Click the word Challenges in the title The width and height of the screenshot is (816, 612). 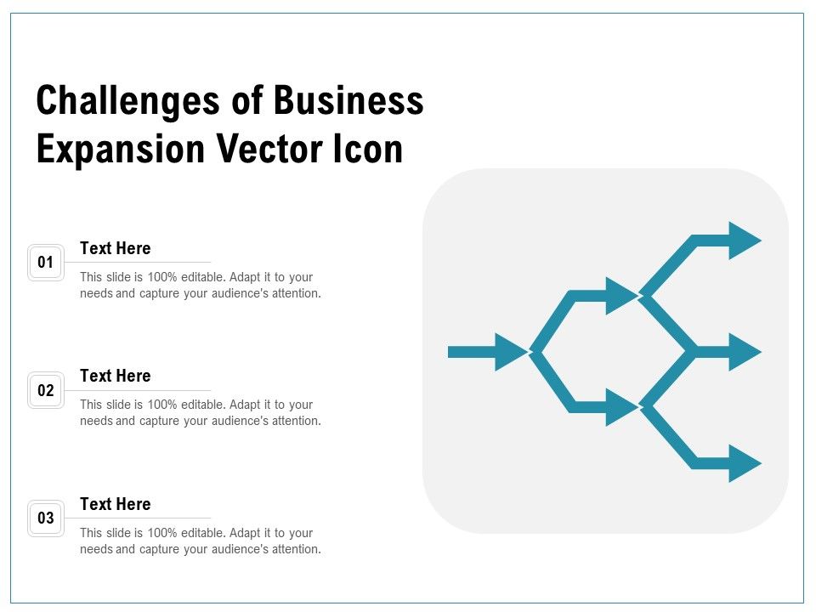coord(128,100)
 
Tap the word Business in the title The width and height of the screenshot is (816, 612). coord(348,100)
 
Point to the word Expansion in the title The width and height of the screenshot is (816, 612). coord(121,150)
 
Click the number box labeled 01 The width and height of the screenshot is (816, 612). coord(46,263)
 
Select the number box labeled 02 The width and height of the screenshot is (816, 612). coord(46,390)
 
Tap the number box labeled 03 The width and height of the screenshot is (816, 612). coord(46,518)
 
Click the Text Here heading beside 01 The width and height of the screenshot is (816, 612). coord(116,248)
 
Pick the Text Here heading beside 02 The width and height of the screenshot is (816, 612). coord(116,376)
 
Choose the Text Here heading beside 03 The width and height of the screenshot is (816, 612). coord(116,504)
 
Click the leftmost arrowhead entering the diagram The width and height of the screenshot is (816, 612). coord(511,352)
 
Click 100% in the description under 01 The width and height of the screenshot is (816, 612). coord(162,277)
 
